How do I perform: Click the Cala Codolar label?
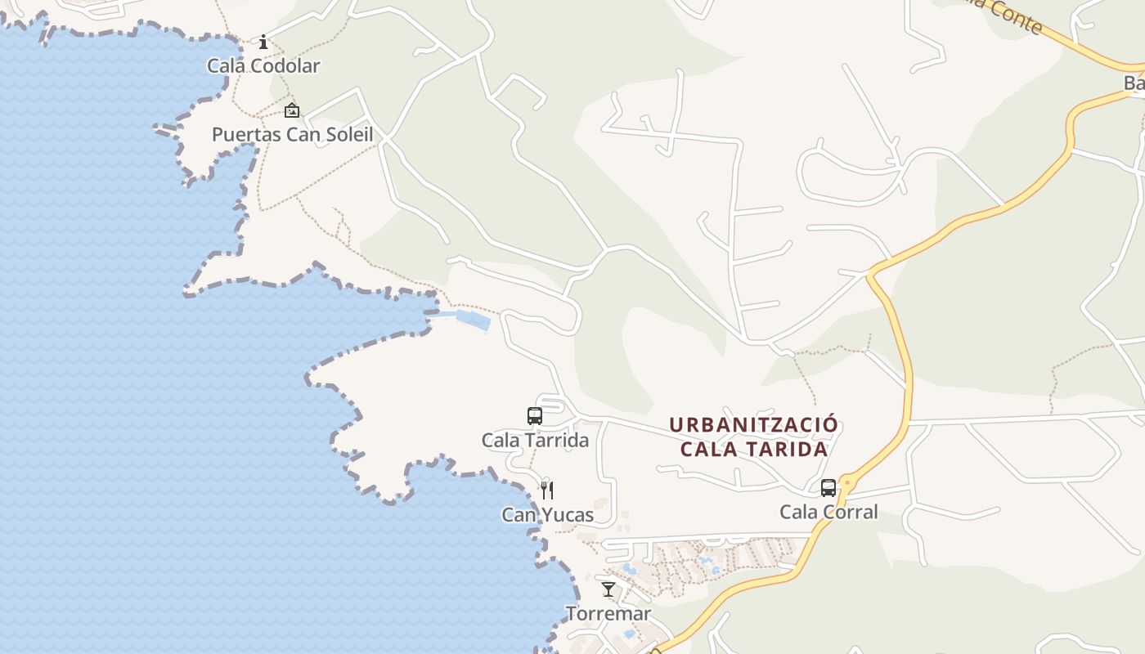[x=263, y=66]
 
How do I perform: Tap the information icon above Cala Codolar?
[x=263, y=42]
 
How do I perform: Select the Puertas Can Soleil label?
[x=292, y=135]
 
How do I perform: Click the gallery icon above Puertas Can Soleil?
[x=292, y=110]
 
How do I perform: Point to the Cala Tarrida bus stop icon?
[x=535, y=415]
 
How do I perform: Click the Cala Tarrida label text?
[x=535, y=440]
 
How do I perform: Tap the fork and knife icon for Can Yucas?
[x=547, y=490]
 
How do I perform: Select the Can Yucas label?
[x=547, y=515]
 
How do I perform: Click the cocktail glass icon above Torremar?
[x=608, y=589]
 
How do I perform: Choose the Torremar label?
[x=608, y=613]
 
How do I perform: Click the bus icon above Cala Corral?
[x=828, y=488]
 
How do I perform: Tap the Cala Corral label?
[x=828, y=513]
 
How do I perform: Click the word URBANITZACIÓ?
[x=753, y=425]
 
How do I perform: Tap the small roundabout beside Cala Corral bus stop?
[x=847, y=483]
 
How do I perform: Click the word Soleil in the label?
[x=346, y=135]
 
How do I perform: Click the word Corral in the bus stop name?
[x=850, y=513]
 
